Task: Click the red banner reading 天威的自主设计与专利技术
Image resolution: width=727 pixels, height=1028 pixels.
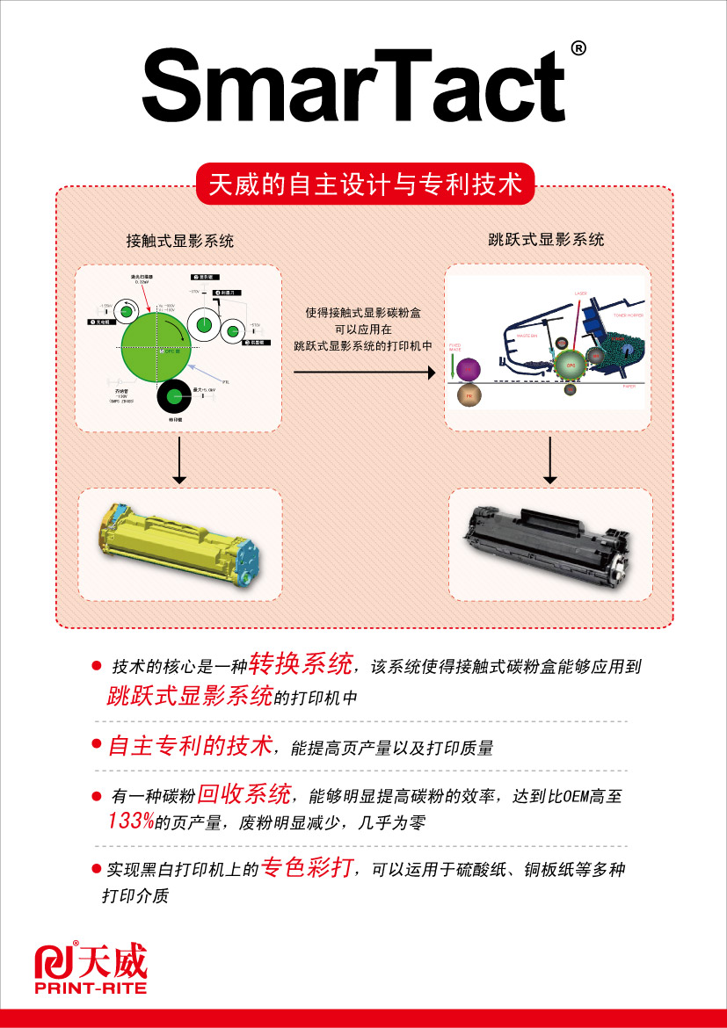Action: click(365, 185)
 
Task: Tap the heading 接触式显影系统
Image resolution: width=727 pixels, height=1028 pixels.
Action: click(180, 241)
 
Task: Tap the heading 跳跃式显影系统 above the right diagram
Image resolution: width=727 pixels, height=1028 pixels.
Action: click(546, 239)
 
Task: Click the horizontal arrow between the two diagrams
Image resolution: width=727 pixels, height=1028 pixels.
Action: click(364, 373)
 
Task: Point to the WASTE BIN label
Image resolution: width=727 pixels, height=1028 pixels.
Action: click(527, 335)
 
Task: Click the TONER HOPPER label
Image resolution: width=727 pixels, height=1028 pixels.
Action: click(628, 314)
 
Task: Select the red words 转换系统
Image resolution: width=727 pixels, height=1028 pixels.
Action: click(301, 662)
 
